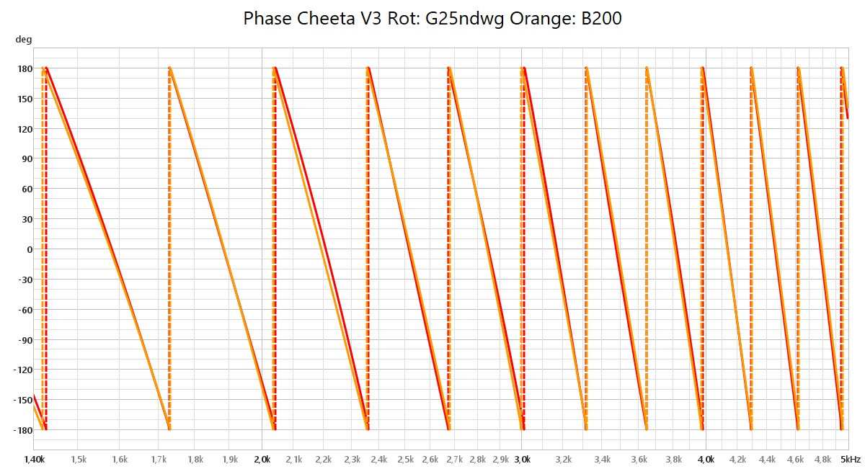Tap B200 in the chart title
[599, 19]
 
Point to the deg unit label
[23, 40]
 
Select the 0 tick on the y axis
[30, 249]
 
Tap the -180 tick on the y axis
[23, 431]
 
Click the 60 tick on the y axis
[27, 189]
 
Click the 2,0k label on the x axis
[262, 459]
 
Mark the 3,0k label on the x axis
[521, 459]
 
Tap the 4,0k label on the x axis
[706, 459]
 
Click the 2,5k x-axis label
[406, 459]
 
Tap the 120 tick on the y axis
[25, 129]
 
